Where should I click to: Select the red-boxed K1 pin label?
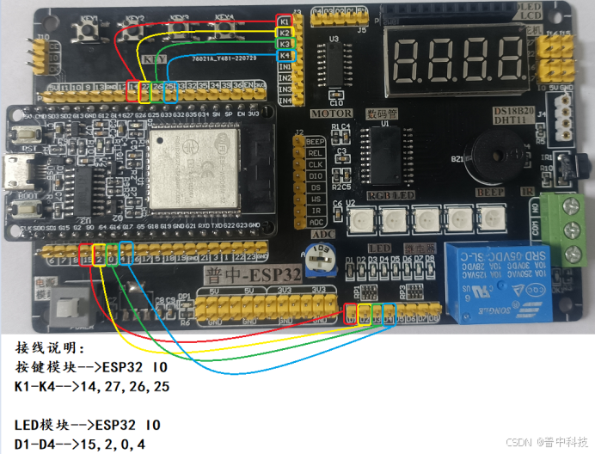(285, 20)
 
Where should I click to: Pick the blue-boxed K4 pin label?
(285, 55)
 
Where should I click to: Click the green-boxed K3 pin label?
(285, 43)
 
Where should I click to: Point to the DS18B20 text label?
(512, 112)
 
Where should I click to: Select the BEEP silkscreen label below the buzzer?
(489, 193)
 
